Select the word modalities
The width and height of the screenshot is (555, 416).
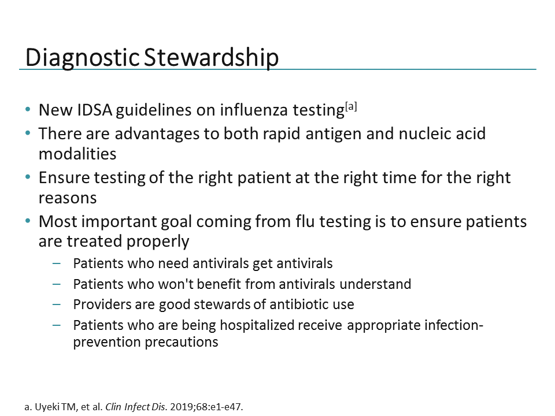[77, 154]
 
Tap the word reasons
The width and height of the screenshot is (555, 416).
[67, 198]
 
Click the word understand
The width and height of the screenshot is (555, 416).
[378, 284]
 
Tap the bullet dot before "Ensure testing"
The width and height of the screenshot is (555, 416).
[29, 177]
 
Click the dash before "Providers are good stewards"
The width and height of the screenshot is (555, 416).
[56, 304]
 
